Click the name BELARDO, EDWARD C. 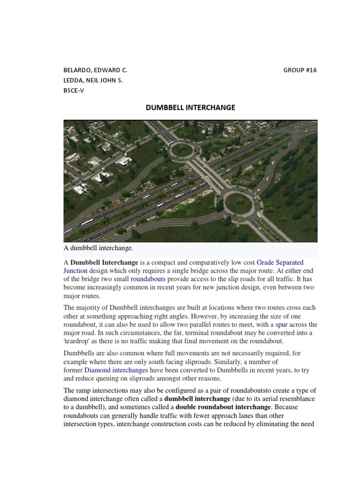coord(95,70)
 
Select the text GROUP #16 coord(300,70)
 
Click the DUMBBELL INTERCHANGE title coord(190,107)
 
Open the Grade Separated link coord(280,262)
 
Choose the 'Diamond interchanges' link coord(110,370)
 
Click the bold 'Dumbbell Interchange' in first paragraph coord(104,262)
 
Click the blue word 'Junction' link coord(75,271)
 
